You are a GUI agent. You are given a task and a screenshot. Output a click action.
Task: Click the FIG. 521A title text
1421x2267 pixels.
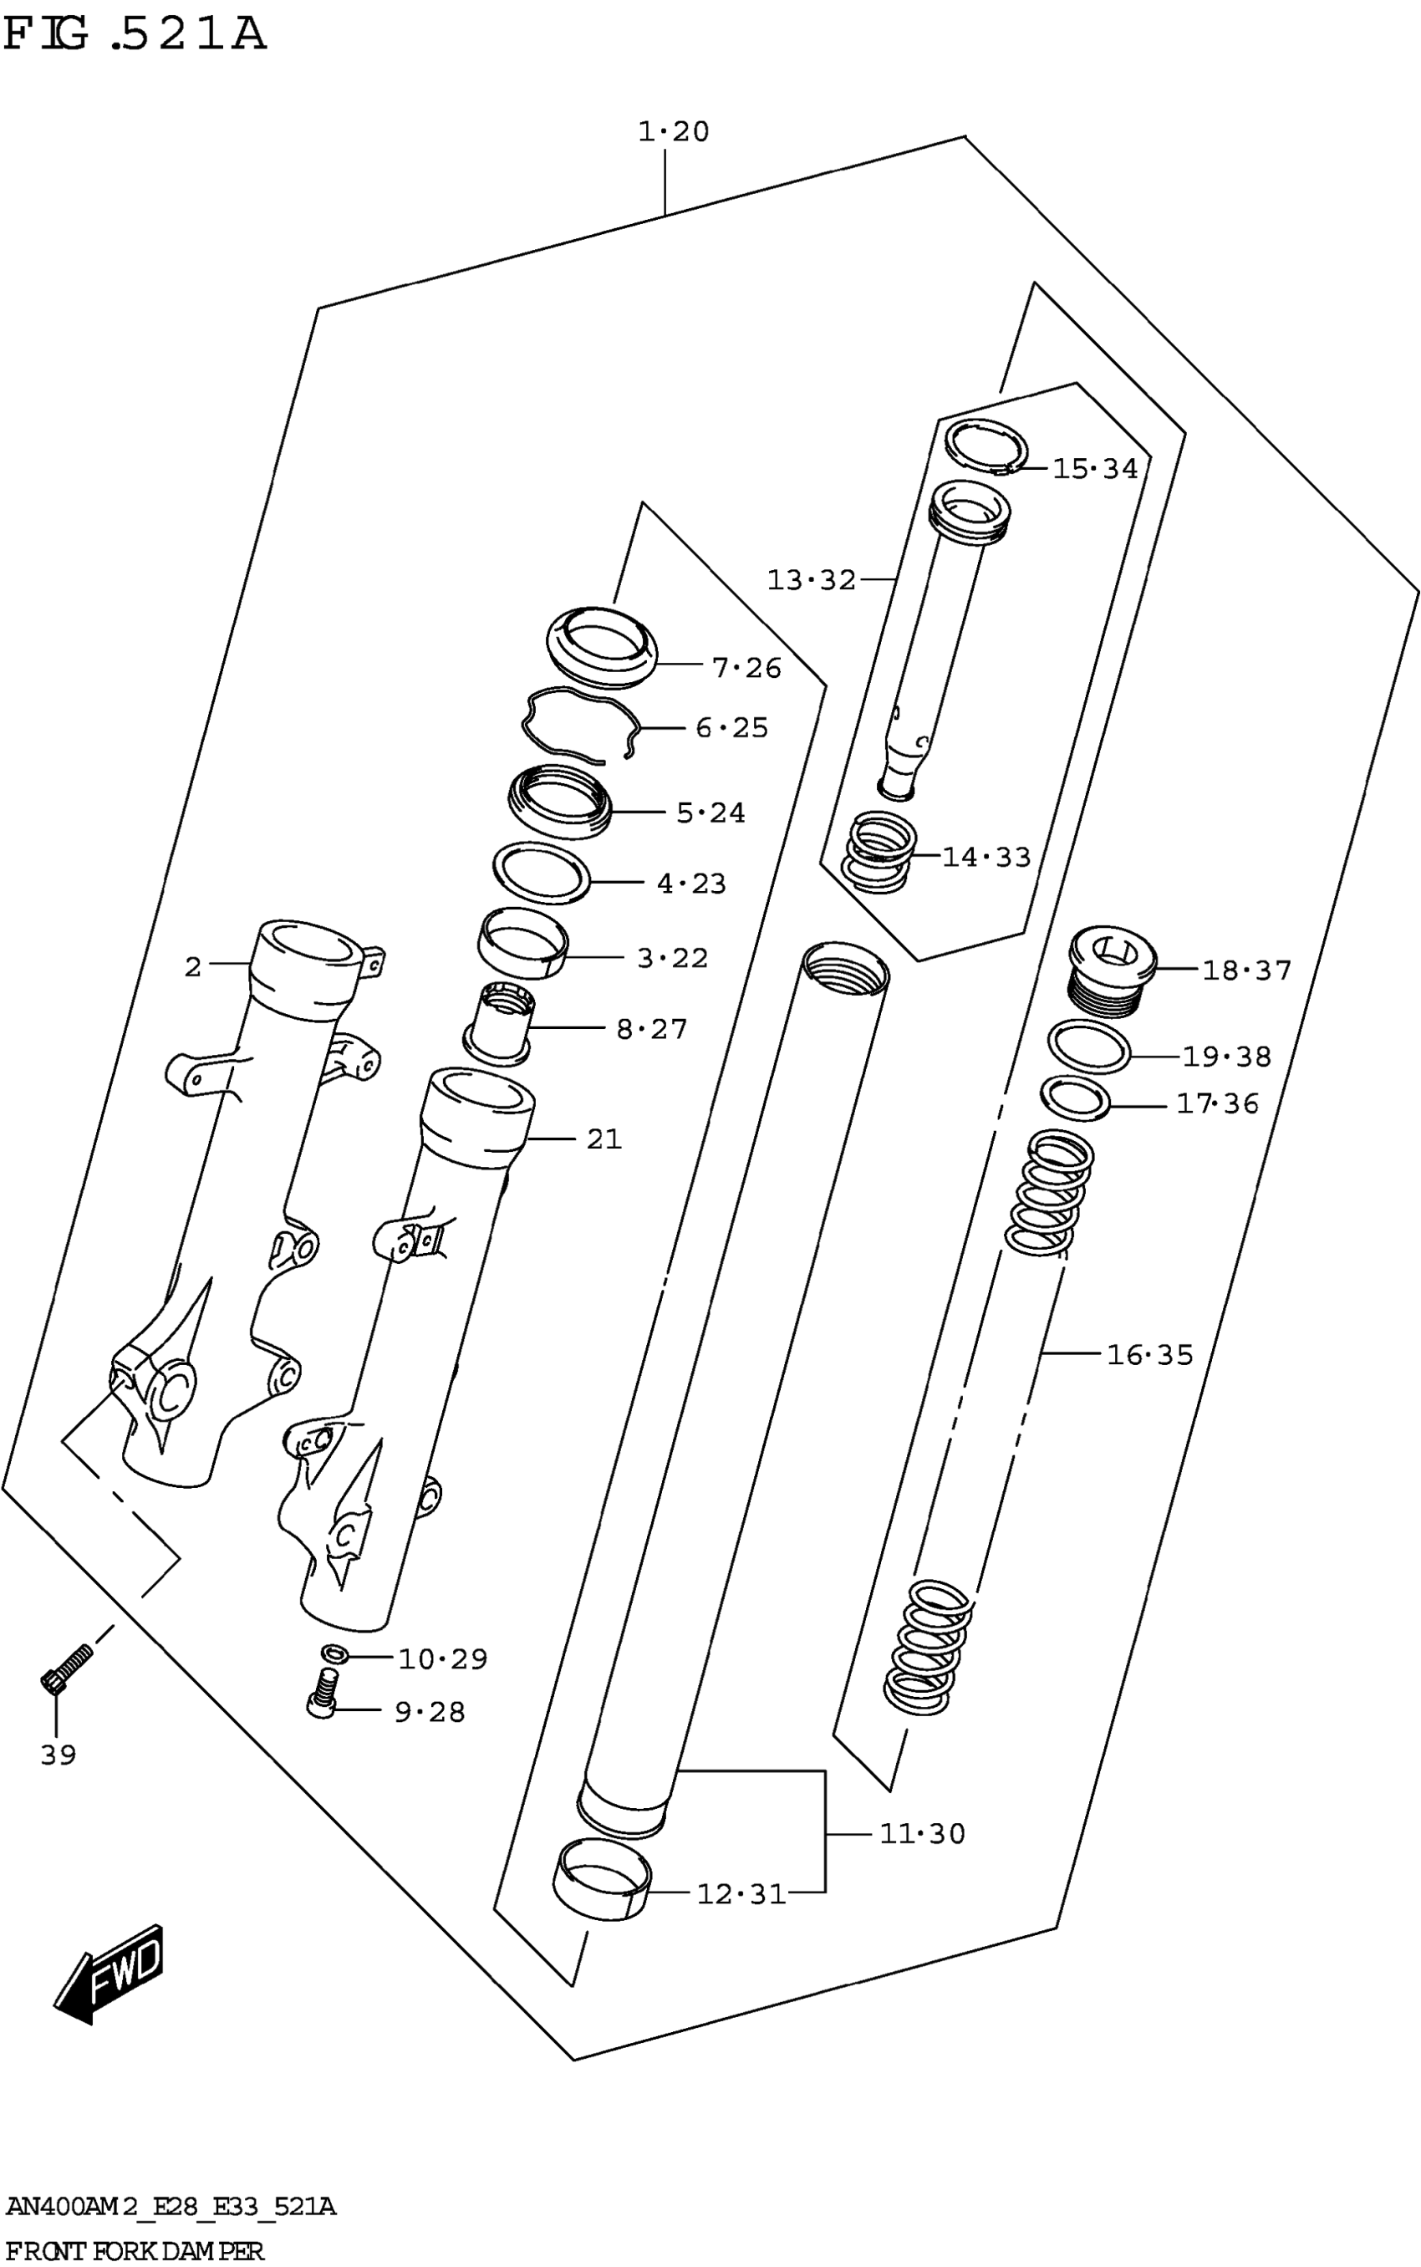pos(135,35)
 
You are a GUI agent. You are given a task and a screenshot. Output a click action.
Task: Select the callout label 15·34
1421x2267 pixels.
pos(1095,468)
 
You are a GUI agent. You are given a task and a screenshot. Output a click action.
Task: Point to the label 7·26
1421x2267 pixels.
pos(746,667)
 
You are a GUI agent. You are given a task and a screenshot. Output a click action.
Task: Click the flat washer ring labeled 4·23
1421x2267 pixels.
pos(542,874)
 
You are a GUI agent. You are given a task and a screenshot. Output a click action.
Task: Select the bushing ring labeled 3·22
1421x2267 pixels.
pos(522,943)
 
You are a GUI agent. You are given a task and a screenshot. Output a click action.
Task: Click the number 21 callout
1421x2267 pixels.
pos(604,1139)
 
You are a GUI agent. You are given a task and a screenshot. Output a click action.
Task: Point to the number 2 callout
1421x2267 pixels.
pos(192,966)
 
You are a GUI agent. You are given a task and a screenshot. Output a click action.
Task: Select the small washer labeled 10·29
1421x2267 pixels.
pos(334,1653)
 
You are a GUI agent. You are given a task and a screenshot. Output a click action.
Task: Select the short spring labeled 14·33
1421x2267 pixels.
pos(878,852)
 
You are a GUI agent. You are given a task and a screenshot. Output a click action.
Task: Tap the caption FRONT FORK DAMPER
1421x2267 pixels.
pos(135,2251)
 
